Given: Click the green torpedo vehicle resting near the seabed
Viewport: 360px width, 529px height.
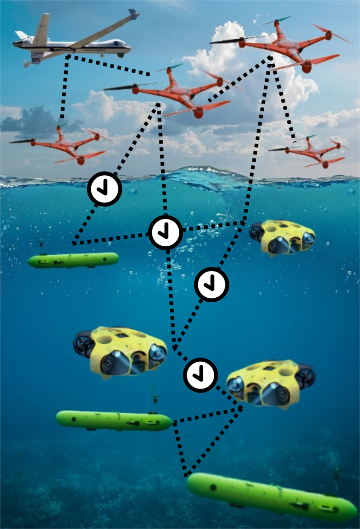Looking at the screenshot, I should tap(271, 496).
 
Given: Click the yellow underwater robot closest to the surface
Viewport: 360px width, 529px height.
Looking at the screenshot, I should tap(282, 237).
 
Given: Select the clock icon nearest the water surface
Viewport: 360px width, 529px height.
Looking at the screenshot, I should tap(104, 189).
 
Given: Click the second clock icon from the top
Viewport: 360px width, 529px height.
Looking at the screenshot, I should tap(165, 232).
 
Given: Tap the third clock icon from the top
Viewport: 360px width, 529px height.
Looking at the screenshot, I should tap(211, 285).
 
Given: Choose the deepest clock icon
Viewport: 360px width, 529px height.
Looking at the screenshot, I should tap(200, 375).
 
